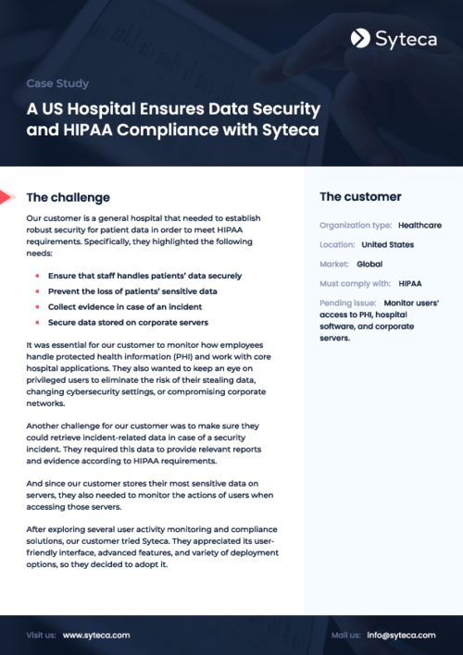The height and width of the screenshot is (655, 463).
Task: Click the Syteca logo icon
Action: pos(360,38)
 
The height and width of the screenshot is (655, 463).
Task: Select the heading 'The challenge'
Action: pos(68,197)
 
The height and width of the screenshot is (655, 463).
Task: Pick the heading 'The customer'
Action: pos(360,197)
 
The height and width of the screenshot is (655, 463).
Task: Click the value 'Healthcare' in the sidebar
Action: pos(419,225)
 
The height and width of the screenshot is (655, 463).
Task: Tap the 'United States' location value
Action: pos(387,244)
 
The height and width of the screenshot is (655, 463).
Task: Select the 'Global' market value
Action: pos(369,264)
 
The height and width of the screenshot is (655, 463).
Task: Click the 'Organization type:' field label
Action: pos(356,225)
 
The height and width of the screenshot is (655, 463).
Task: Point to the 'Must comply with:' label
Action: pos(356,283)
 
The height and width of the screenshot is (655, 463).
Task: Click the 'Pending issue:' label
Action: pos(347,303)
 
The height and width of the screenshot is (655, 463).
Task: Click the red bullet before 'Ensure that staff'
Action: pos(36,276)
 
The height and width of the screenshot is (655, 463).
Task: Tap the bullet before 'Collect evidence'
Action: pos(36,306)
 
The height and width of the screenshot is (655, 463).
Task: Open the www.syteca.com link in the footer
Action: pos(96,636)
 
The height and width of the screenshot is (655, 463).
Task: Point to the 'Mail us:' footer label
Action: pos(345,636)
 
